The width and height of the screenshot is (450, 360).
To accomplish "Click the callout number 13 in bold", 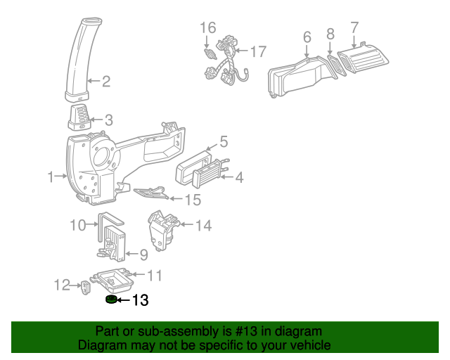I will [x=140, y=301].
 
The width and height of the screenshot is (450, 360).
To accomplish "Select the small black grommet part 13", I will [x=110, y=301].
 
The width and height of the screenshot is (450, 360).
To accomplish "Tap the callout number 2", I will [x=105, y=82].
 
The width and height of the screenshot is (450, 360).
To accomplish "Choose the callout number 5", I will [x=224, y=142].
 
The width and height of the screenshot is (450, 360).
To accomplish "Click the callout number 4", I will [x=239, y=177].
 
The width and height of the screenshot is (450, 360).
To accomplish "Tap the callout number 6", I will [x=307, y=37].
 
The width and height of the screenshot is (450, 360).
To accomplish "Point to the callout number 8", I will [x=330, y=33].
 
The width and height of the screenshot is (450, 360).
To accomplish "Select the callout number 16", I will [x=207, y=28].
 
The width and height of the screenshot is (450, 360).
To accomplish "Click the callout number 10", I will [x=78, y=225].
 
